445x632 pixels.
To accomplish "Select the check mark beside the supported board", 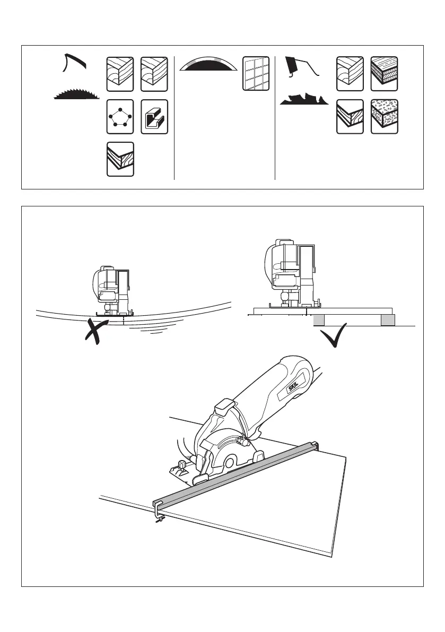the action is click(x=337, y=335).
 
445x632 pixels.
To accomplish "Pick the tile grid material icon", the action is click(x=256, y=73).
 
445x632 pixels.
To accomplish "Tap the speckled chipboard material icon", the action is click(x=384, y=116).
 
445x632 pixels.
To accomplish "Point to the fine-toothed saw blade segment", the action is click(x=77, y=94).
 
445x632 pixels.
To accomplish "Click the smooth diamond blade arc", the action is click(x=207, y=65).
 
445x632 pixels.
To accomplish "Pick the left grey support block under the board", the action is click(x=318, y=320).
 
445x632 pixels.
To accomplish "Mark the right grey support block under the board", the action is click(x=388, y=320).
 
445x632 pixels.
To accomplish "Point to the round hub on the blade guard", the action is click(x=229, y=462).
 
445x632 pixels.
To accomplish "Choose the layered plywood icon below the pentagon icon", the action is click(x=120, y=159).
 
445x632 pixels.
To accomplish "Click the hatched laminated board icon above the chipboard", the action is click(x=384, y=73).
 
